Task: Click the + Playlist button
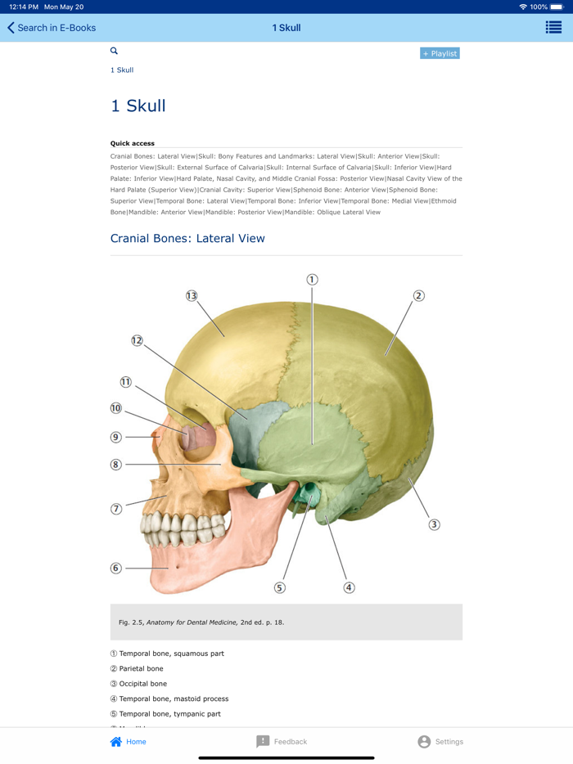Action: click(440, 53)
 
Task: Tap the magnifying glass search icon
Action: click(114, 51)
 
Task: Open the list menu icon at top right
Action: click(553, 28)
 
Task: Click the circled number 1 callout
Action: click(312, 280)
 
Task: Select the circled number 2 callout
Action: click(418, 295)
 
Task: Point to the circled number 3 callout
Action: click(434, 524)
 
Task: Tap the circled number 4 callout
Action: click(349, 587)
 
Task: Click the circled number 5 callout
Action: click(279, 587)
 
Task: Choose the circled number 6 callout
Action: click(115, 568)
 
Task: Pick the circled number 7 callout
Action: click(115, 509)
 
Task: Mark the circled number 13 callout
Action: click(192, 295)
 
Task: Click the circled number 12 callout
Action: click(137, 340)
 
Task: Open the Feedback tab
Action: click(282, 742)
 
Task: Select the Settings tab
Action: click(440, 742)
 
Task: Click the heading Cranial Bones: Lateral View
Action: click(187, 239)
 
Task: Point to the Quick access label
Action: click(133, 143)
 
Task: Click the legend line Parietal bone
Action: click(141, 668)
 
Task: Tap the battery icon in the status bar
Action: click(558, 7)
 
